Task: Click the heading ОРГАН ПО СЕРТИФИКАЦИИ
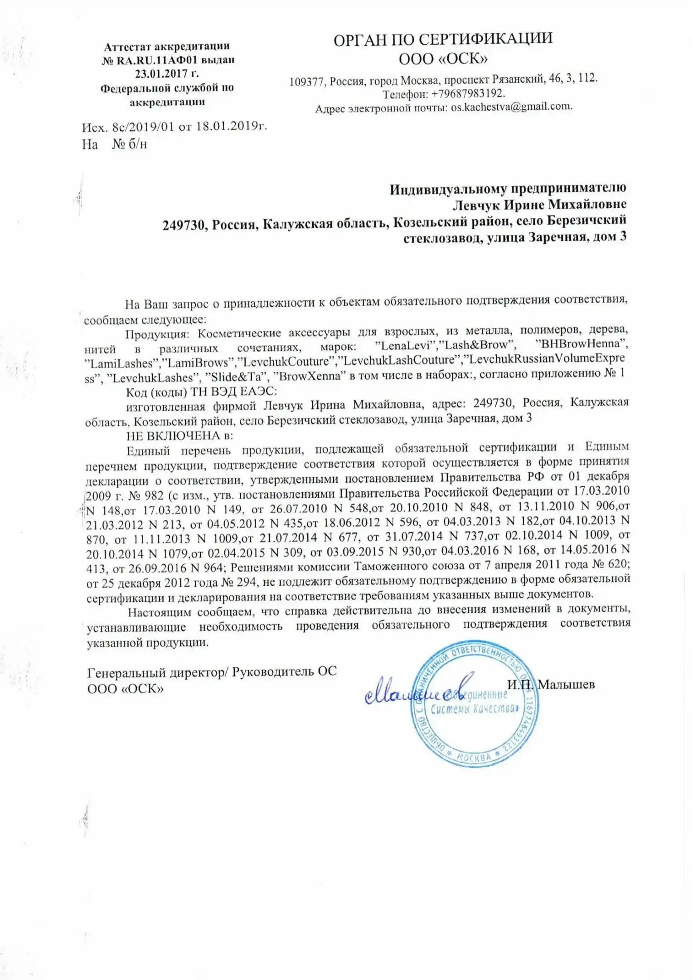click(443, 39)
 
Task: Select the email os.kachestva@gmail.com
click(511, 108)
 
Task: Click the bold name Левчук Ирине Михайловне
click(539, 205)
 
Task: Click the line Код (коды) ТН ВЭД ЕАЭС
click(201, 392)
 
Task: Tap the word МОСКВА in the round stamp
click(473, 757)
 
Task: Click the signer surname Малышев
click(566, 685)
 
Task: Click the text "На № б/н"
click(114, 145)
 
